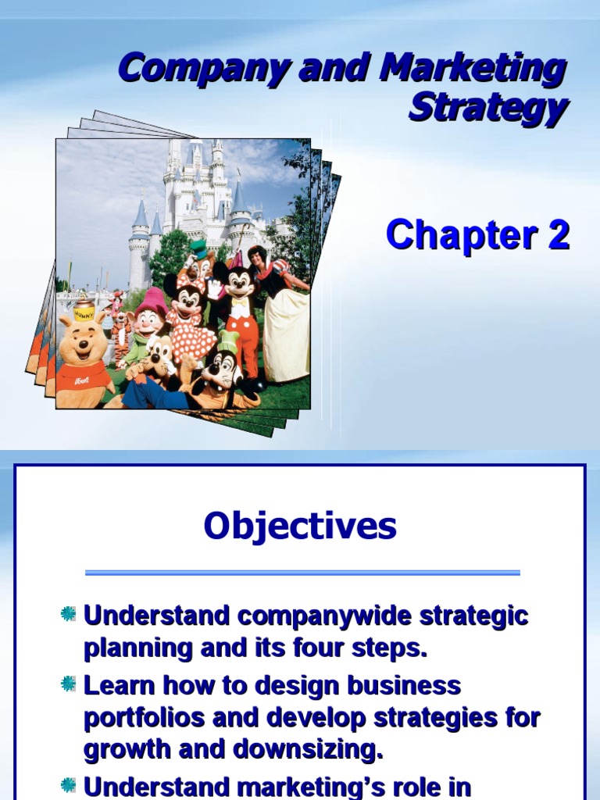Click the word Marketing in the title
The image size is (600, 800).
pos(473,70)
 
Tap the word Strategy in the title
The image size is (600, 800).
pos(487,108)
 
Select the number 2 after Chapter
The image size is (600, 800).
pos(557,235)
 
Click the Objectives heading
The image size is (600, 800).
pos(300,527)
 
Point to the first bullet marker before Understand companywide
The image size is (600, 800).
pos(69,614)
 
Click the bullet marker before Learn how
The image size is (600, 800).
pos(69,684)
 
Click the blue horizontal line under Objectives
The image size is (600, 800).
pos(302,573)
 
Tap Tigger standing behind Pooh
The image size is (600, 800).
pos(119,324)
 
